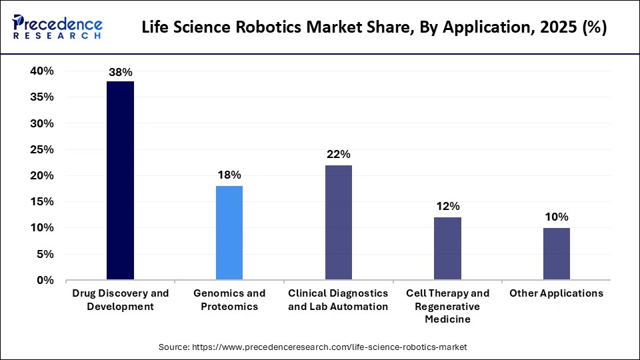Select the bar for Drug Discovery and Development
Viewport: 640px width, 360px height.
click(x=120, y=180)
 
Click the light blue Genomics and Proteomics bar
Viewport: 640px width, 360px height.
click(x=229, y=233)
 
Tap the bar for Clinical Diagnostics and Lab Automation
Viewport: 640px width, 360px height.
click(x=338, y=222)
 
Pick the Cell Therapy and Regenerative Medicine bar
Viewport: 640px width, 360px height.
click(x=447, y=248)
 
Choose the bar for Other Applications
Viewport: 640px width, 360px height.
click(x=556, y=253)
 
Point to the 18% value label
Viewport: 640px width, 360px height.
click(x=229, y=175)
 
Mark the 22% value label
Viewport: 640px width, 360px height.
click(x=338, y=155)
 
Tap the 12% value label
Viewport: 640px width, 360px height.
click(x=447, y=207)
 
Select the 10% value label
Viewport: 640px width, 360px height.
click(x=556, y=217)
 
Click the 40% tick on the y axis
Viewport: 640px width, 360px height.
click(x=42, y=71)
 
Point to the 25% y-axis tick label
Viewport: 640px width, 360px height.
click(x=42, y=150)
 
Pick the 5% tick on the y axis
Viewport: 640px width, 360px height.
click(x=45, y=255)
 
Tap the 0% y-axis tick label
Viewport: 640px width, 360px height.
click(x=45, y=281)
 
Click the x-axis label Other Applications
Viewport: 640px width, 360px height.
click(x=556, y=293)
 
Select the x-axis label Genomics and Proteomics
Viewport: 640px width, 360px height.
click(x=229, y=299)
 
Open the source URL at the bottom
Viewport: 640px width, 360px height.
click(x=313, y=347)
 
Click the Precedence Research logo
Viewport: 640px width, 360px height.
click(x=57, y=28)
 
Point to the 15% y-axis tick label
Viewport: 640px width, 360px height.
click(x=42, y=202)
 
